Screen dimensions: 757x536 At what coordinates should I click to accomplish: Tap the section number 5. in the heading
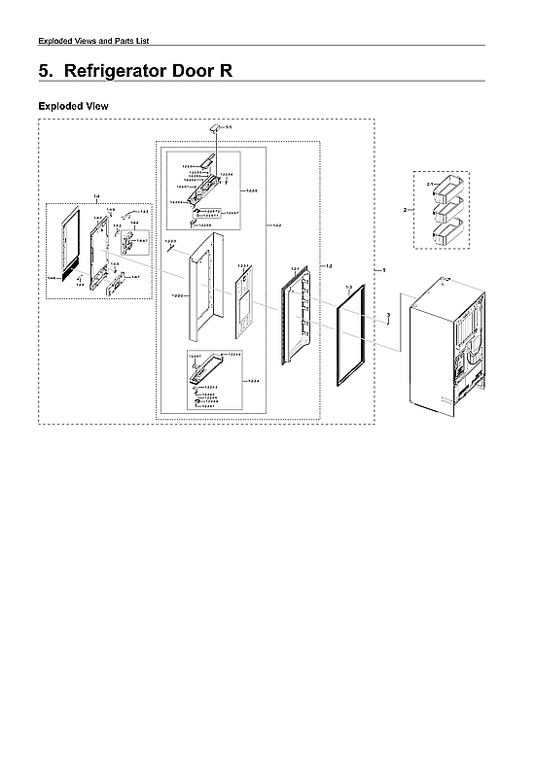click(46, 72)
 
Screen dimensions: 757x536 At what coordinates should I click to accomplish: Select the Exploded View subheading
click(73, 105)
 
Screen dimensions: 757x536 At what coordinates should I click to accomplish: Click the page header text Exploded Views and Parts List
click(92, 40)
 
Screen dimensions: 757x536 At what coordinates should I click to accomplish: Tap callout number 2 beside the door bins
click(405, 208)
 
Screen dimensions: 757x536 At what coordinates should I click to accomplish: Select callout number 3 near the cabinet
click(388, 315)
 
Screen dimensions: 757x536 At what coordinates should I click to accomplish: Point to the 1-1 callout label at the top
click(229, 127)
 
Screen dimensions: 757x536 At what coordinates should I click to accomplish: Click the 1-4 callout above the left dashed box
click(96, 197)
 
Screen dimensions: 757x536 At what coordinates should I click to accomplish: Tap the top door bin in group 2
click(449, 188)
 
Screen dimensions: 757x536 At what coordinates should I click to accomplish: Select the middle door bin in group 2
click(449, 210)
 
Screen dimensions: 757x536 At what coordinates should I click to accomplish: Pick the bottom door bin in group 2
click(449, 233)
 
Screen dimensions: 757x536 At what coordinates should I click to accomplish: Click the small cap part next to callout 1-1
click(214, 127)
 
